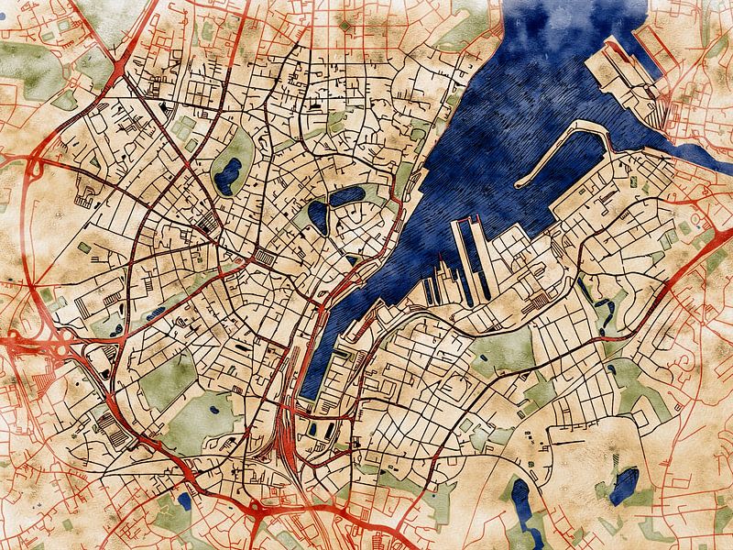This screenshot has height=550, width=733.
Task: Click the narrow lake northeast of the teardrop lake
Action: [347, 195]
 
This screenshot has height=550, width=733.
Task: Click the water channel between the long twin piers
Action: [468, 257]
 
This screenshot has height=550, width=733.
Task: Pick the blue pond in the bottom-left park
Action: [184, 500]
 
